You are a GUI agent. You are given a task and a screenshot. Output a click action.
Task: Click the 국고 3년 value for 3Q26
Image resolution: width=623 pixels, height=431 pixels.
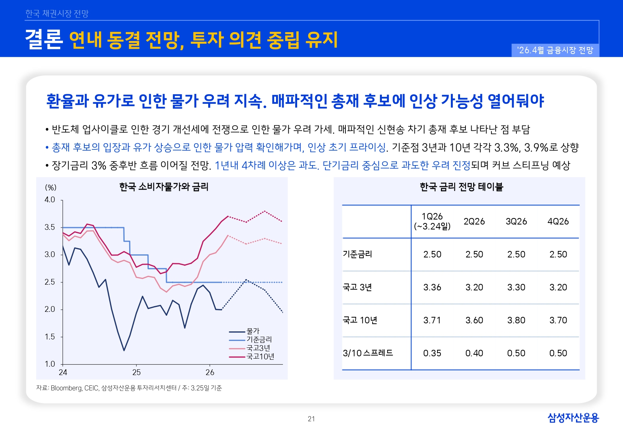click(516, 287)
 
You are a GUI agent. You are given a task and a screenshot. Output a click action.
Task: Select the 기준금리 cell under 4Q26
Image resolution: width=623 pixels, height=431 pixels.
click(558, 254)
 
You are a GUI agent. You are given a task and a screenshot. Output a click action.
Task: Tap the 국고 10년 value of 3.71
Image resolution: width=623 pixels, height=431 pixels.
click(432, 320)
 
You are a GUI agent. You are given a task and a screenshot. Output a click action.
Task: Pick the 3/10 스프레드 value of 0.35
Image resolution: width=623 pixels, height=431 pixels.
click(432, 353)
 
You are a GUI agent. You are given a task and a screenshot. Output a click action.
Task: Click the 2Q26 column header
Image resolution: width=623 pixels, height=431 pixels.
click(474, 221)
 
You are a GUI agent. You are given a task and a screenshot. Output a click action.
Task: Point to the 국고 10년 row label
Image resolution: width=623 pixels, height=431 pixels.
click(360, 320)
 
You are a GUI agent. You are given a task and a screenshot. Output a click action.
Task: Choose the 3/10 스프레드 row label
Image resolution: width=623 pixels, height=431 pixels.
click(368, 353)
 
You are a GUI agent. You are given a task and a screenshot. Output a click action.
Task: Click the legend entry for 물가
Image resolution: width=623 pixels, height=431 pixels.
click(253, 331)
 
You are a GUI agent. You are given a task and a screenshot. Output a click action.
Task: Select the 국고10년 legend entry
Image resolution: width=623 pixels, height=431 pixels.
click(260, 357)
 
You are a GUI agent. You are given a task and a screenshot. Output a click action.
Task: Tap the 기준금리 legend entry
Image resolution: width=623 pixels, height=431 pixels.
click(259, 339)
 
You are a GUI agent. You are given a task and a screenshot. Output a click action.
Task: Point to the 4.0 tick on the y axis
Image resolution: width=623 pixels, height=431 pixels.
click(50, 200)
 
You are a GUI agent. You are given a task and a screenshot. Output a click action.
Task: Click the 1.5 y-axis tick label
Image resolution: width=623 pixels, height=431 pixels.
click(50, 337)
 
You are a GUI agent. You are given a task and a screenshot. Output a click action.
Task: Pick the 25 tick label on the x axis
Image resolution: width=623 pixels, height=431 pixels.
click(136, 372)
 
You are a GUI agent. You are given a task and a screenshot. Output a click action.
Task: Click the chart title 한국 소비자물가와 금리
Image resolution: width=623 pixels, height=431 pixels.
click(164, 187)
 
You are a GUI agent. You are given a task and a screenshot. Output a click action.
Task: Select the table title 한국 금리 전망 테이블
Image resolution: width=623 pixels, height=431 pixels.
click(461, 187)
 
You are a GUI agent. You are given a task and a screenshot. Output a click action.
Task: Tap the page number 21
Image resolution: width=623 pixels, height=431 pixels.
click(311, 419)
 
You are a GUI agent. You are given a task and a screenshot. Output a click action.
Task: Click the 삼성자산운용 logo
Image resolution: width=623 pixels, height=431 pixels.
click(573, 418)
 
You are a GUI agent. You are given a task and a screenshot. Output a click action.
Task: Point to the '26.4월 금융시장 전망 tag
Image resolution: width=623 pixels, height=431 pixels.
click(555, 50)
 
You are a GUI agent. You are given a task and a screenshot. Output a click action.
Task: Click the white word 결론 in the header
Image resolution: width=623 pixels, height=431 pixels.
click(44, 39)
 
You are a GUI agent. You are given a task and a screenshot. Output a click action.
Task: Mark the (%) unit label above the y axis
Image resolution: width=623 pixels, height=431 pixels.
click(51, 187)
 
